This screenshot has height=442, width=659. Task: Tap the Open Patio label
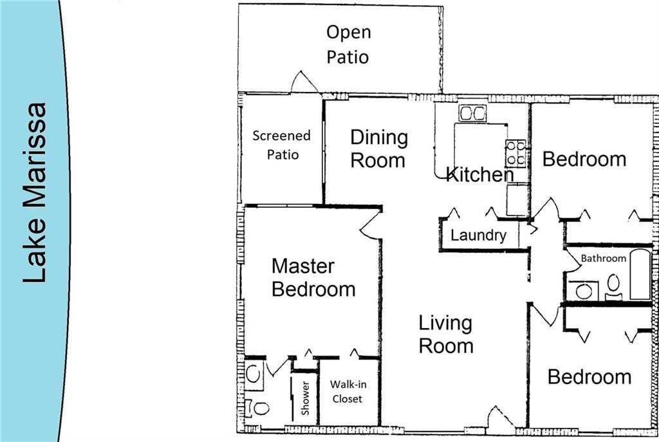[348, 44]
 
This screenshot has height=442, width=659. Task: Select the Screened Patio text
[281, 145]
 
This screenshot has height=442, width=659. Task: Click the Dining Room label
[378, 149]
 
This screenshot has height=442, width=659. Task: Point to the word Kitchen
[479, 174]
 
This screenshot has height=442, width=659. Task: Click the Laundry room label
[478, 235]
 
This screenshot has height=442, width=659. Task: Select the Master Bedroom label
[313, 277]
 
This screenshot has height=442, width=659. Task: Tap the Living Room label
[445, 334]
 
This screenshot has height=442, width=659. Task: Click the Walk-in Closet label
[347, 392]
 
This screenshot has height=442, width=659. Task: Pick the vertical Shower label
[305, 399]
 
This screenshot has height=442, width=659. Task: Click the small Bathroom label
[603, 259]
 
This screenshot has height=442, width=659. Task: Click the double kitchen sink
[473, 114]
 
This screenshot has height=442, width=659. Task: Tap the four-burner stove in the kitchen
[515, 153]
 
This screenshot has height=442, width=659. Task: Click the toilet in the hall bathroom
[614, 286]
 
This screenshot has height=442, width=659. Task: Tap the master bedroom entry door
[371, 225]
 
